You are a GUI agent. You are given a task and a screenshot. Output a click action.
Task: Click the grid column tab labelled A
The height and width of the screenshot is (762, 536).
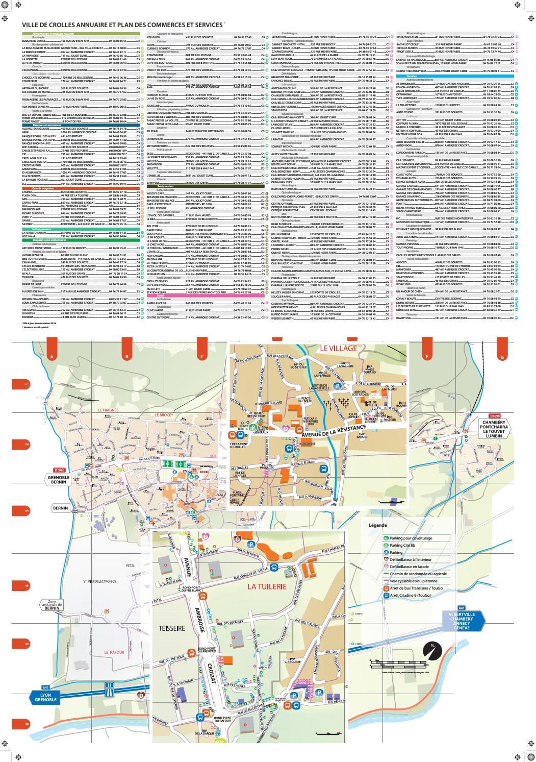point(50,356)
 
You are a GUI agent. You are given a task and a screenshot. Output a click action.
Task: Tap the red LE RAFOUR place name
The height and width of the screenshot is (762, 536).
point(114,652)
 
